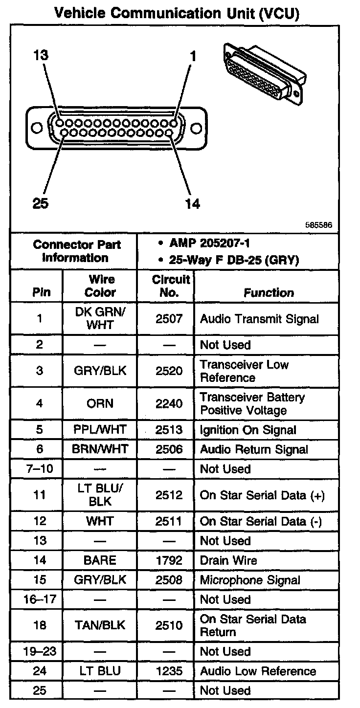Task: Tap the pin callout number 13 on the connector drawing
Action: [x=41, y=55]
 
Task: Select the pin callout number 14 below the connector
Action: [x=193, y=203]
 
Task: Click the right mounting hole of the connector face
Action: [x=197, y=129]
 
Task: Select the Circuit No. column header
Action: [x=170, y=286]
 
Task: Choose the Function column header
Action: [x=269, y=292]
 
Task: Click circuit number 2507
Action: [x=169, y=319]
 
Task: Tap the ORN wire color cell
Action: [x=100, y=403]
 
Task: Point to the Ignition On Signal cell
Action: [x=248, y=430]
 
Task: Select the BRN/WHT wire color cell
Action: [x=100, y=449]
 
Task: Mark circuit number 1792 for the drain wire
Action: [x=169, y=560]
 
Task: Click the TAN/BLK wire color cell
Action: [x=100, y=625]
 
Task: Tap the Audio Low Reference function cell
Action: [x=258, y=671]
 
